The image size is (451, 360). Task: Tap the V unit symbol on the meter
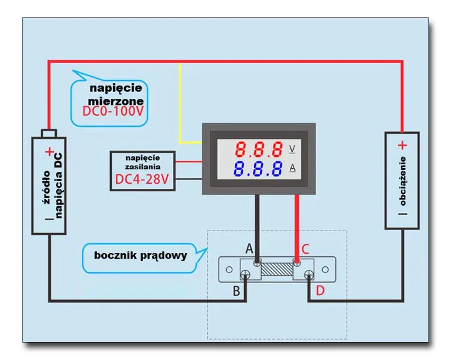tap(293, 149)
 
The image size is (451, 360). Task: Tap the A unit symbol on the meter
tap(293, 168)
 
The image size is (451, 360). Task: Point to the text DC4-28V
tap(143, 181)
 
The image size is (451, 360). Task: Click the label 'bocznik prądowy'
tap(141, 254)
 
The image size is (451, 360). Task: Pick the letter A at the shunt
tap(249, 248)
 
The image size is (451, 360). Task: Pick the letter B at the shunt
tap(237, 291)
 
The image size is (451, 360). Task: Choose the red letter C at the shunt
tap(305, 249)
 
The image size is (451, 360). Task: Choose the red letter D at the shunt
tap(320, 291)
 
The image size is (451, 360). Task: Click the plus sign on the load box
tap(402, 145)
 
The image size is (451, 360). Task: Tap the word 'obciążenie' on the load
tap(402, 181)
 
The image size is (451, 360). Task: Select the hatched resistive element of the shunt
tap(277, 271)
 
